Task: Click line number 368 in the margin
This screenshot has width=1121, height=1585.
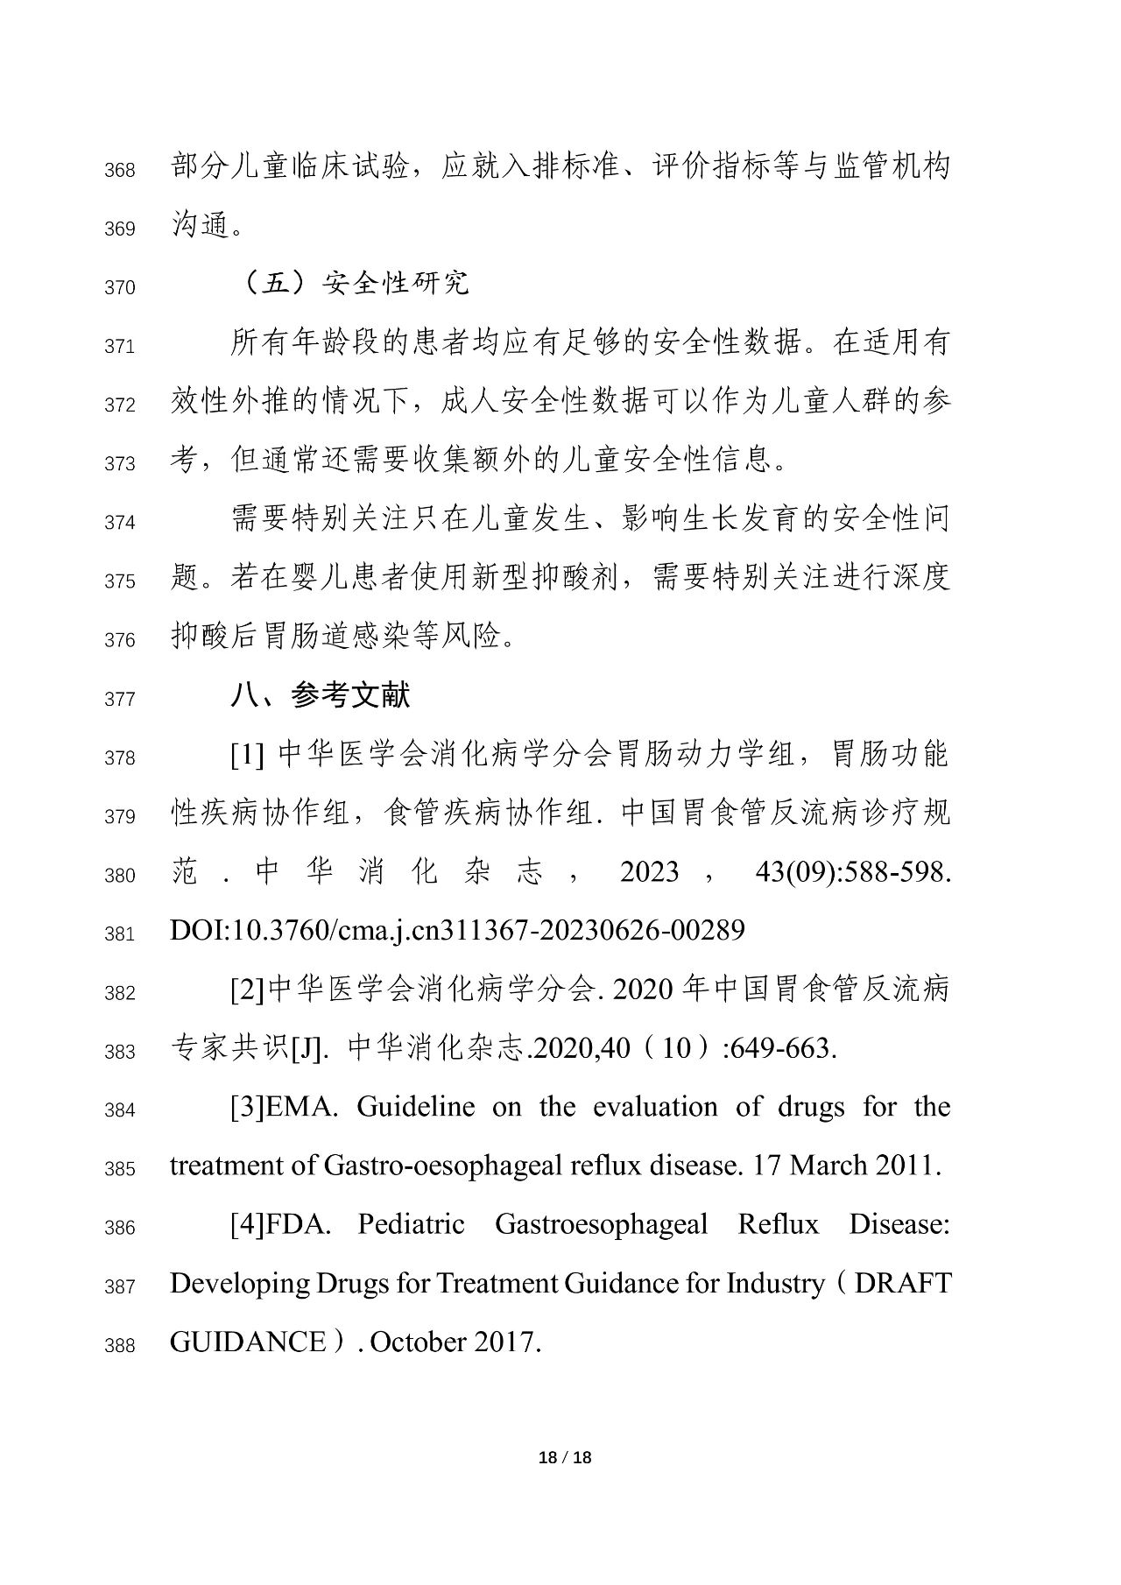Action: pos(120,170)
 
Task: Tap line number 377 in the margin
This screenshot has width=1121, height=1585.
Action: pos(120,699)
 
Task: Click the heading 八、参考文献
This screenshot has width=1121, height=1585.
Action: pos(321,695)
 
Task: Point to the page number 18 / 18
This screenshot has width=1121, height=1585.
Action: pos(565,1457)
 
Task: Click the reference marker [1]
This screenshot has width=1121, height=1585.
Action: pos(247,755)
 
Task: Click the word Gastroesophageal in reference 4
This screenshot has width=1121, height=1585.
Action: pos(601,1224)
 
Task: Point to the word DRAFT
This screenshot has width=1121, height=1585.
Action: pos(902,1283)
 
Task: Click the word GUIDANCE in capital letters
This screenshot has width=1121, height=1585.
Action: pos(247,1342)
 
